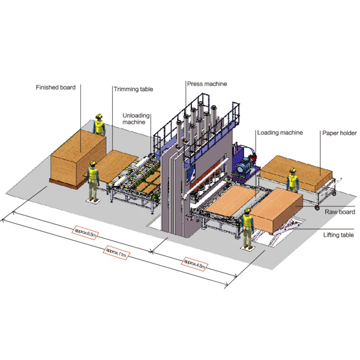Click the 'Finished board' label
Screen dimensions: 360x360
pos(56,88)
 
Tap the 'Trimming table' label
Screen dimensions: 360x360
pos(133,89)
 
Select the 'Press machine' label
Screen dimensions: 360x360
pos(207,84)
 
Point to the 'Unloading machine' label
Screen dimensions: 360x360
pos(136,119)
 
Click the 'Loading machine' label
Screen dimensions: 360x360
pos(280,133)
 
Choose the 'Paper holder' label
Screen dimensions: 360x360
pos(340,133)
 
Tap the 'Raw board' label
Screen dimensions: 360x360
pos(340,212)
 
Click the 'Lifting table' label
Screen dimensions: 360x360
pos(338,235)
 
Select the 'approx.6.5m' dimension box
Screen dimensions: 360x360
pos(85,233)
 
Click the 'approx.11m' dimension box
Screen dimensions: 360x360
pos(116,253)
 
